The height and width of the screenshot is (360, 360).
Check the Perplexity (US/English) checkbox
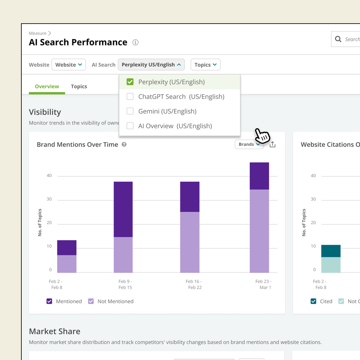(130, 82)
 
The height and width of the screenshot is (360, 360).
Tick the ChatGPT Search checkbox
(130, 97)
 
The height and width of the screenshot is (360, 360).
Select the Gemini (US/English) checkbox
(130, 111)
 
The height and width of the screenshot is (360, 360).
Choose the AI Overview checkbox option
(130, 126)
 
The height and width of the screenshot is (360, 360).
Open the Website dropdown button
(69, 65)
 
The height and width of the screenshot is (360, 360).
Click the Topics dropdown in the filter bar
(205, 65)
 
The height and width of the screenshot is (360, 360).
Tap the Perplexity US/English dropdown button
(151, 65)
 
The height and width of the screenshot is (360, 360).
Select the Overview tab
(47, 86)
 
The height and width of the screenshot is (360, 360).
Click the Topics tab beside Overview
(79, 86)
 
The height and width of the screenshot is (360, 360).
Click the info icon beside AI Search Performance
(135, 42)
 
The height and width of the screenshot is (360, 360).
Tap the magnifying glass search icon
(338, 39)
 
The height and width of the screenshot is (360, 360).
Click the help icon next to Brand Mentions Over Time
(124, 144)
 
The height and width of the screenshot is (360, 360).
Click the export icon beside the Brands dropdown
(273, 144)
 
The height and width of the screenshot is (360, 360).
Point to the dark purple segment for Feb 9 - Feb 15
(123, 209)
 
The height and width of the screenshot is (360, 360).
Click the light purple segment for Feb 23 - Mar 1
(259, 231)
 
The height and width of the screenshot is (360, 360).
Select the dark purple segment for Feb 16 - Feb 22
(190, 196)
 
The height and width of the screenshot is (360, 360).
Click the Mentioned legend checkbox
(49, 301)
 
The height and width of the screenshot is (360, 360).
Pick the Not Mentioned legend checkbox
(91, 301)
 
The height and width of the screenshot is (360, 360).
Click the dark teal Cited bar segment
(331, 251)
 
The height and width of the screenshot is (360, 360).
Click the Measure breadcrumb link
(37, 33)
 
